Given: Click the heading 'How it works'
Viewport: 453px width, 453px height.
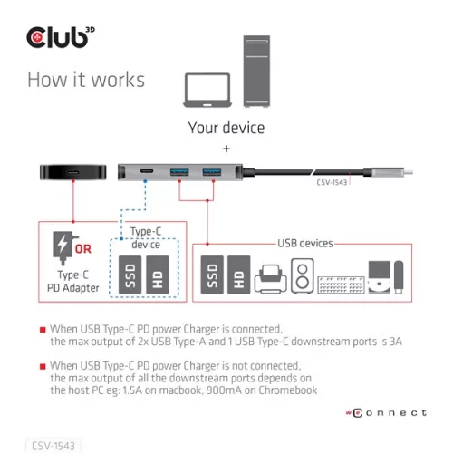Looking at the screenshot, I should pos(85,79).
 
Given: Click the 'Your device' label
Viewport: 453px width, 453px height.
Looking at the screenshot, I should pos(226,127).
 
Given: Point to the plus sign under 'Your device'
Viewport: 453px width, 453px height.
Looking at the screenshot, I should pos(226,148).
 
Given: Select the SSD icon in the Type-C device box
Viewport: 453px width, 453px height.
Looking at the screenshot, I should pos(129,275).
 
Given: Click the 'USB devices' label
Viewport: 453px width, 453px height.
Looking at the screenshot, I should pos(304,243).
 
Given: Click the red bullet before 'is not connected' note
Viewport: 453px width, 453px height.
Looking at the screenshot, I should pos(43,365).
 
